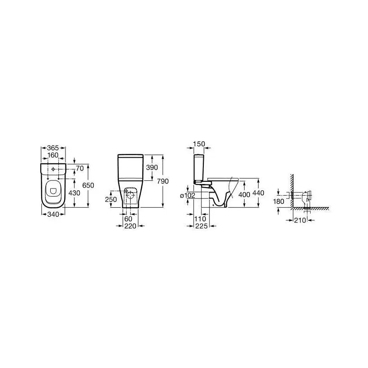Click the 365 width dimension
(53, 148)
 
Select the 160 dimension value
(53, 155)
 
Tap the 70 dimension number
(80, 168)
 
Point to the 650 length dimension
(88, 185)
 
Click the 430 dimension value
(74, 193)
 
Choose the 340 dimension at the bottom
(53, 214)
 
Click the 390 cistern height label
(152, 167)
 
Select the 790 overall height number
(163, 181)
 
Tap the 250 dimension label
(111, 200)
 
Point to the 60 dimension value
(128, 219)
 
